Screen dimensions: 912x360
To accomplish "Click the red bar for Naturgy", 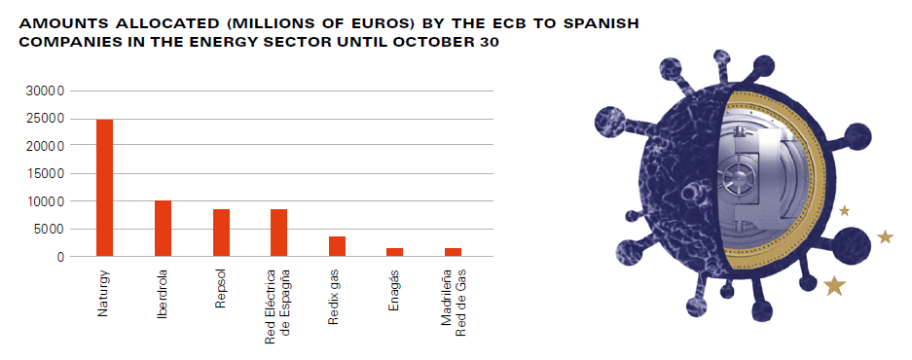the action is tap(105, 188).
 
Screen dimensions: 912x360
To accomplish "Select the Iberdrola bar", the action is tap(163, 229).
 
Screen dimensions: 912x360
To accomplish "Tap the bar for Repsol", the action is tap(221, 233).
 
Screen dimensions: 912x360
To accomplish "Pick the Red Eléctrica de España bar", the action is tap(278, 233).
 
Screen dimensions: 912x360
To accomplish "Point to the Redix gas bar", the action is tap(337, 246).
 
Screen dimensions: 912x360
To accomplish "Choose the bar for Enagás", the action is tap(395, 252).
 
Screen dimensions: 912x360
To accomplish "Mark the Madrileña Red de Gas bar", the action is tap(454, 252).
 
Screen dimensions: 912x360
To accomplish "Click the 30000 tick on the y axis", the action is tap(47, 91).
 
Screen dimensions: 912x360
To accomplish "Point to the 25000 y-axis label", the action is tap(47, 120).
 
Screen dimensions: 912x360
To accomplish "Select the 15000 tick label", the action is tap(47, 174).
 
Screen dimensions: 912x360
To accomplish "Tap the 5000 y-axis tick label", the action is tap(51, 230).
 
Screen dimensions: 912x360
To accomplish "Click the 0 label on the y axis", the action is tap(61, 257).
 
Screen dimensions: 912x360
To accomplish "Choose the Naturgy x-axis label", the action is tap(103, 293).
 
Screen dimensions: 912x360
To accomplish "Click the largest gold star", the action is tap(835, 285).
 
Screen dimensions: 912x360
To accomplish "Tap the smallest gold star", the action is tap(845, 210).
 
